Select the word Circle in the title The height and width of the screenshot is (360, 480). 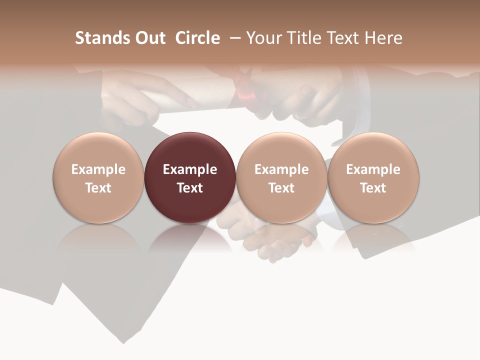(x=197, y=38)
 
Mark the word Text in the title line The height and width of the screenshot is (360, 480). (x=346, y=38)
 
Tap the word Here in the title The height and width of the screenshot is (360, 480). (x=385, y=38)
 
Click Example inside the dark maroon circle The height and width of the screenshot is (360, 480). (x=190, y=169)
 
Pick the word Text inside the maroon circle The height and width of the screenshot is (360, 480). (x=190, y=188)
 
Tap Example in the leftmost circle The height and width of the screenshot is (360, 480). (x=98, y=169)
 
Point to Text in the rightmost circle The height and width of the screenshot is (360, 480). (x=373, y=188)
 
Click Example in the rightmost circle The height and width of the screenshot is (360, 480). (x=373, y=169)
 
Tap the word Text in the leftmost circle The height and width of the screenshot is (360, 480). (x=98, y=188)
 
